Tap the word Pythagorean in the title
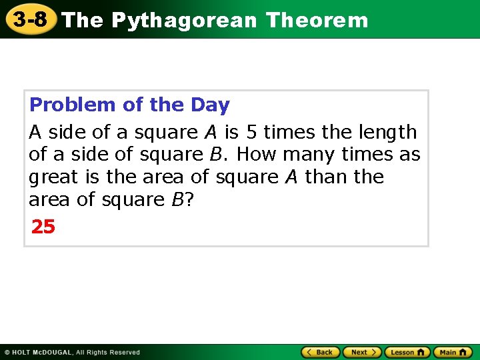(184, 21)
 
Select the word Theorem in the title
(317, 20)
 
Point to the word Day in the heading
(210, 105)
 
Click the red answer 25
(43, 227)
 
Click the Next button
(361, 351)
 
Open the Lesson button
(407, 351)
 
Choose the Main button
(453, 351)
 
